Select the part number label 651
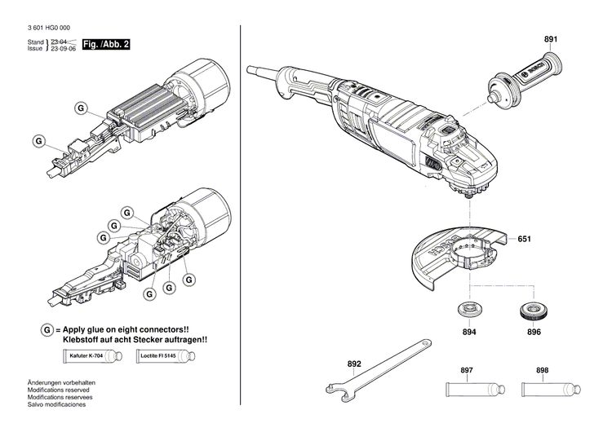point(524,240)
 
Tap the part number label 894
point(468,333)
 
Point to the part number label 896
point(534,333)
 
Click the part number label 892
point(353,364)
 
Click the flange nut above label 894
point(468,311)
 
